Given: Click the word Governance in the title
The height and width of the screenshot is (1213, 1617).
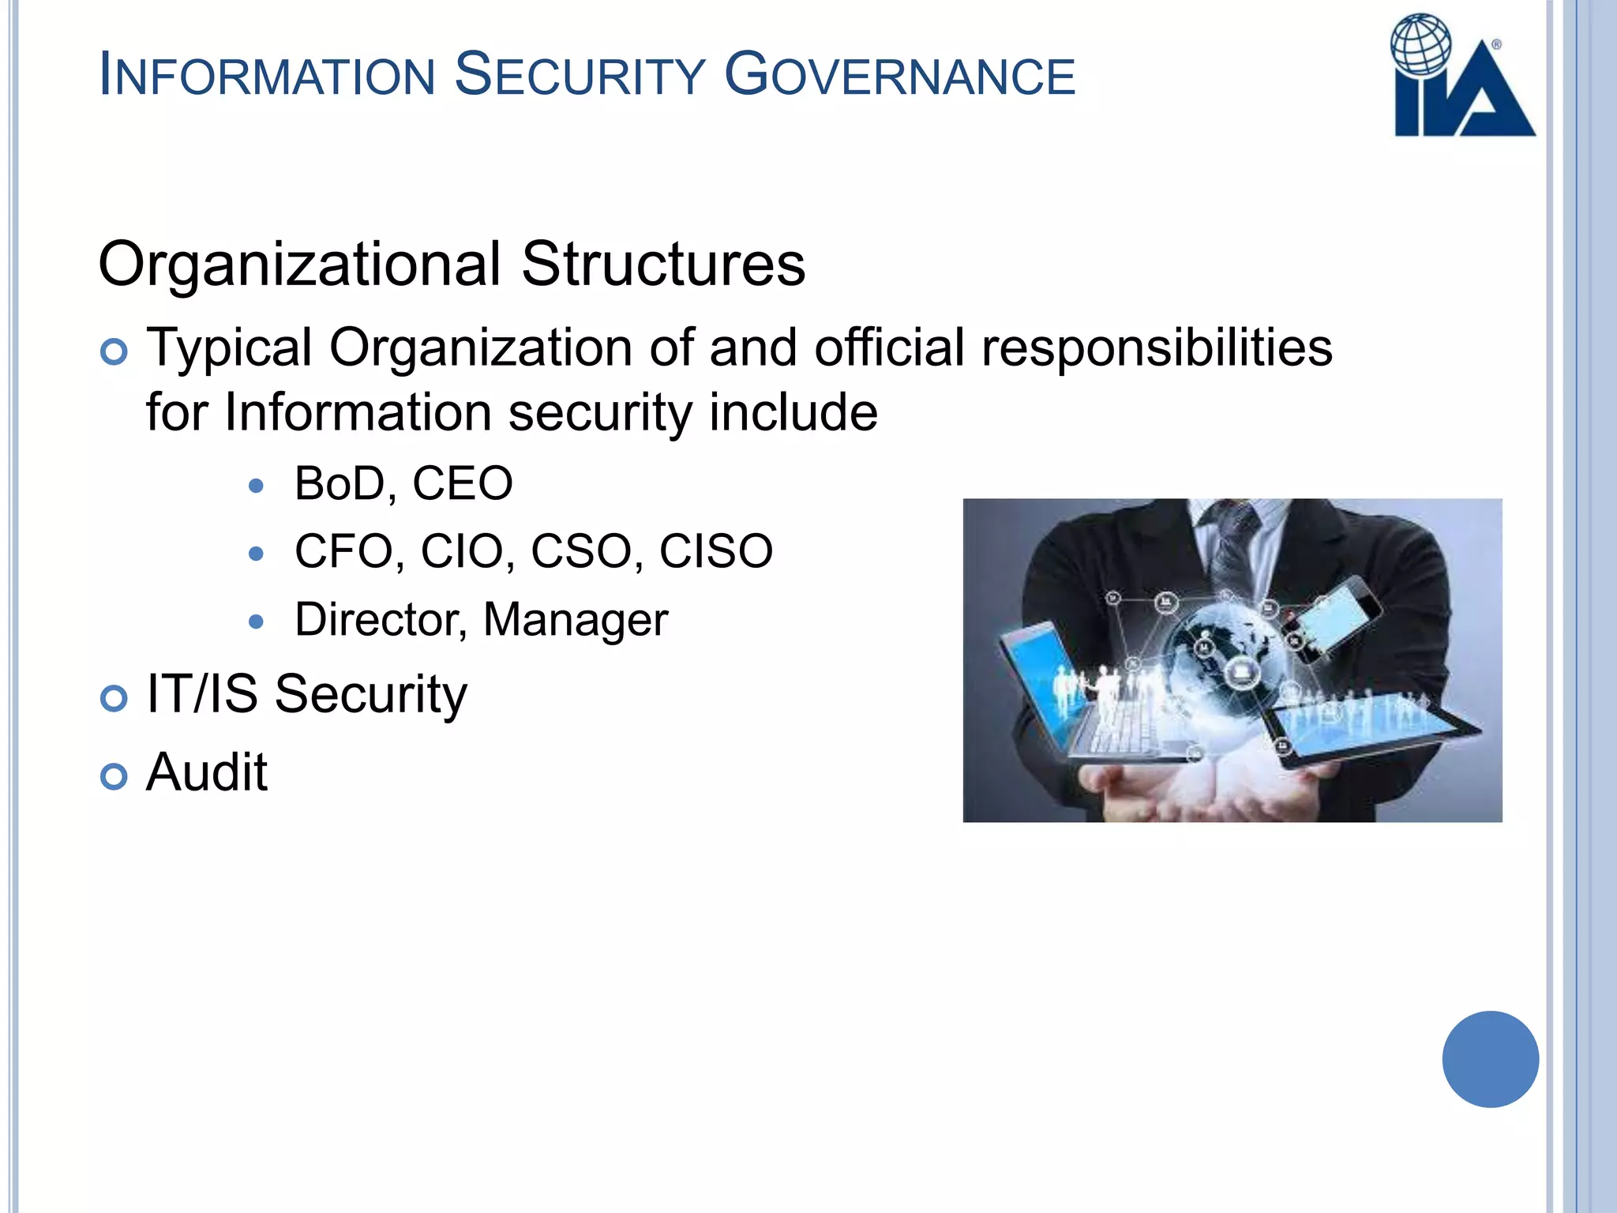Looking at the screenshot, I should [x=900, y=75].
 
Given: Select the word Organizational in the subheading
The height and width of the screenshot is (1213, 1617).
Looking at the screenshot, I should [x=300, y=265].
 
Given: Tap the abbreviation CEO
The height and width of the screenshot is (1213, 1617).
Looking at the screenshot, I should [x=463, y=483].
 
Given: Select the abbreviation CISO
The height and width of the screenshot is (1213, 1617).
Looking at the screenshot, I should [x=716, y=551].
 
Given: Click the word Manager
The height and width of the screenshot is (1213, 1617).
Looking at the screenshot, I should [x=576, y=620].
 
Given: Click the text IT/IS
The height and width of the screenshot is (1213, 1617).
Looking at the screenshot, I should [x=202, y=694].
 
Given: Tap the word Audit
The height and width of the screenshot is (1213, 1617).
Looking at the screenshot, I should [x=207, y=772].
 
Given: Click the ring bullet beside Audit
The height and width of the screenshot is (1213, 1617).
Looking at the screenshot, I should [x=114, y=776].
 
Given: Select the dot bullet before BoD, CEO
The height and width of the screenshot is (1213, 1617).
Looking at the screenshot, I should [x=255, y=486].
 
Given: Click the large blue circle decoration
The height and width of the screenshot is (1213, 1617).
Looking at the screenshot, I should [x=1490, y=1059].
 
